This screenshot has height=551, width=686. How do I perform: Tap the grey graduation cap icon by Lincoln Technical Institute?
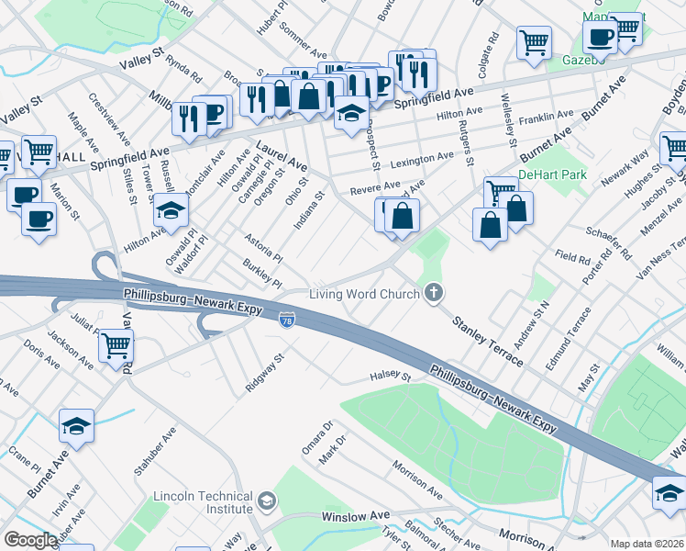[267, 501]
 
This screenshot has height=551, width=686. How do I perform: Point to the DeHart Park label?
[551, 174]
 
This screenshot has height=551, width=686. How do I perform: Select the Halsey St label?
[389, 375]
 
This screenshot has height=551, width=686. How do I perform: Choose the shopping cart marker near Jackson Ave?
[116, 346]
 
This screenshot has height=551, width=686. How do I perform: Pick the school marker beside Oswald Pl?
[171, 211]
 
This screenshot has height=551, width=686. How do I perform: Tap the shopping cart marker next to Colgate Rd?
[534, 41]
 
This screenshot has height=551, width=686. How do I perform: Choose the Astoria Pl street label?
[263, 246]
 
